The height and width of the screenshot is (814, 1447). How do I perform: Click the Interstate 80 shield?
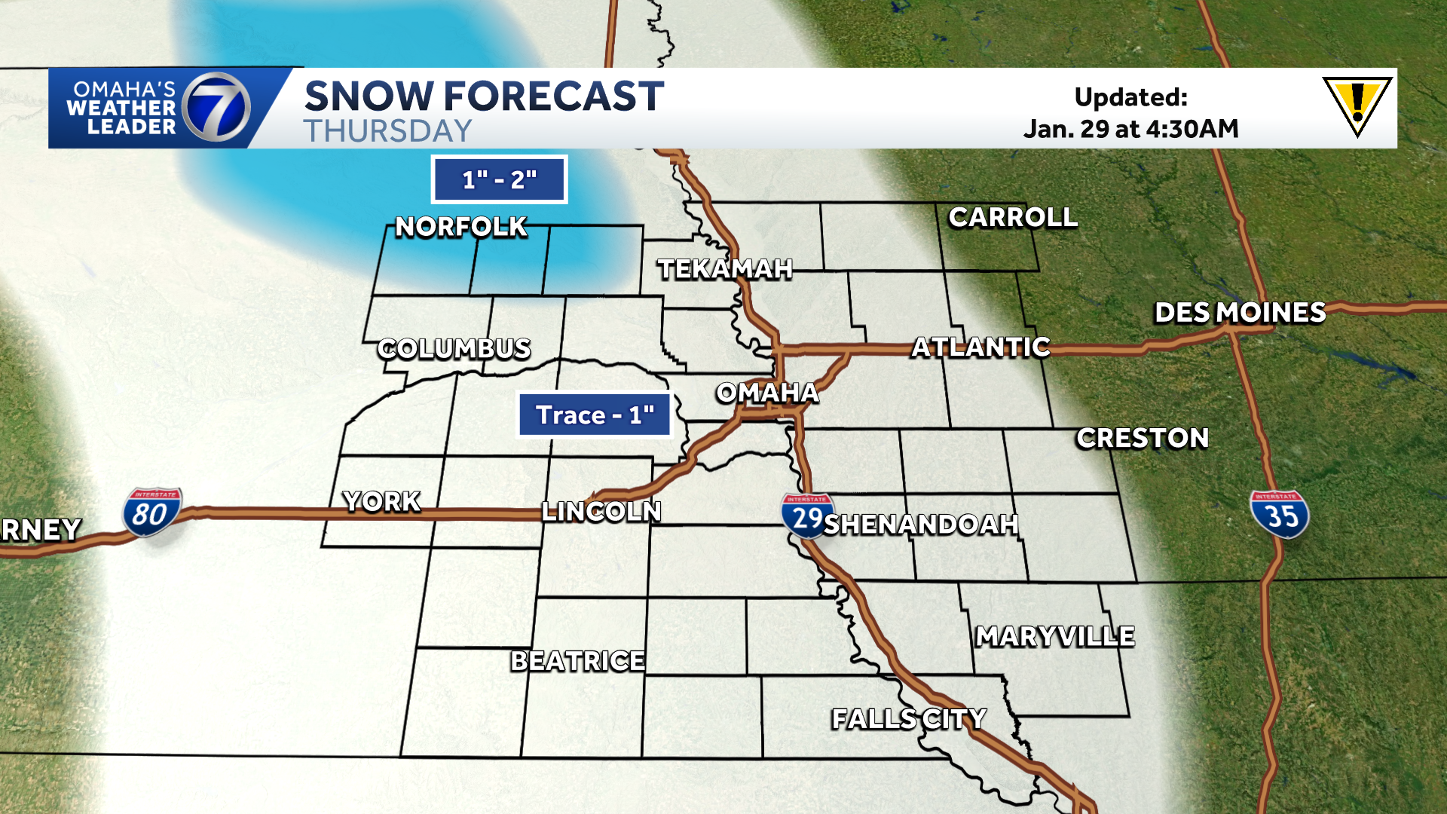[151, 513]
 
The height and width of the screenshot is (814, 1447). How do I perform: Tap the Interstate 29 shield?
[807, 516]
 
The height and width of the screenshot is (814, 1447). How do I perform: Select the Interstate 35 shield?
[1280, 514]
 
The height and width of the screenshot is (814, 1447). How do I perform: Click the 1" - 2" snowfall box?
[499, 179]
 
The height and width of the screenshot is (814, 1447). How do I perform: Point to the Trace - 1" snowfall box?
[595, 415]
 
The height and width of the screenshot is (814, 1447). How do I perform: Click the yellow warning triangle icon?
[1357, 105]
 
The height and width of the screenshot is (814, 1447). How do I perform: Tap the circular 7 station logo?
[216, 108]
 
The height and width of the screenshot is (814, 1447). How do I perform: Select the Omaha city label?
[767, 393]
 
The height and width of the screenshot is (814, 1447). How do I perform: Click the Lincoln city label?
[601, 512]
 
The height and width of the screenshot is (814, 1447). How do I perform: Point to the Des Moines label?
[1240, 313]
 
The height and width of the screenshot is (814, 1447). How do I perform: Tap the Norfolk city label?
[461, 227]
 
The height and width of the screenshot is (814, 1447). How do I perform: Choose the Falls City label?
[909, 719]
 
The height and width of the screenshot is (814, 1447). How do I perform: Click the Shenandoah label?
[921, 525]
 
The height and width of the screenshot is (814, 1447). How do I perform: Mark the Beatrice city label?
[578, 661]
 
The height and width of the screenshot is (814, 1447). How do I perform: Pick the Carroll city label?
[1013, 218]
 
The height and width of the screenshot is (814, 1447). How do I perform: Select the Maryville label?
[1055, 637]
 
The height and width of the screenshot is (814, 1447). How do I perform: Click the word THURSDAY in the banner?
[388, 131]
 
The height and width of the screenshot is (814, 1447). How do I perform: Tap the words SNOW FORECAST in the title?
[484, 96]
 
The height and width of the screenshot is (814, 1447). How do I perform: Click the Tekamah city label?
[725, 269]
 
